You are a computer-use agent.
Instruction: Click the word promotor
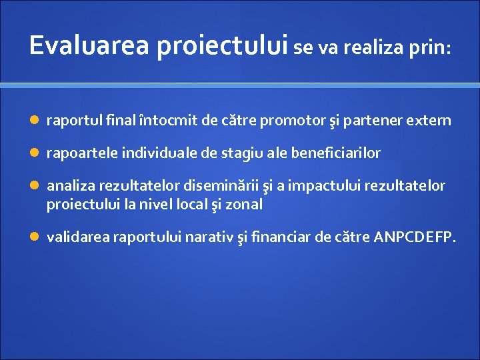[x=296, y=121]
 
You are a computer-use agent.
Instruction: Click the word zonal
[x=245, y=205]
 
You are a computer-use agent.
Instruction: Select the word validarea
[x=78, y=237]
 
